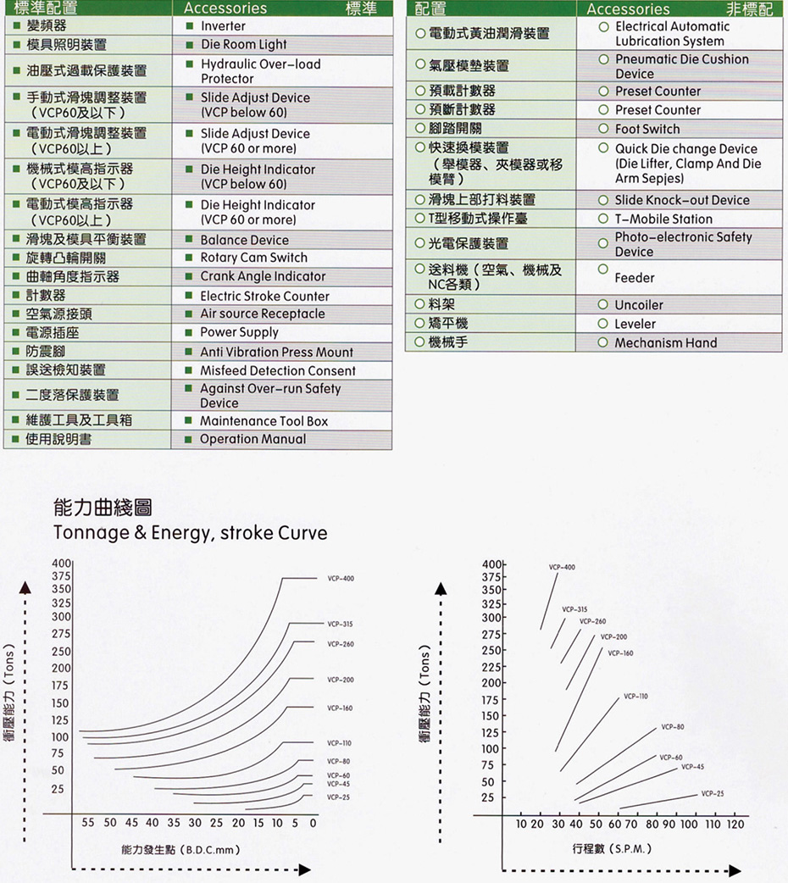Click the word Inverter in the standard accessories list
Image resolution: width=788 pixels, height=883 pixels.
tap(223, 26)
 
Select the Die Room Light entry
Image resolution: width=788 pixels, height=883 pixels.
tap(243, 44)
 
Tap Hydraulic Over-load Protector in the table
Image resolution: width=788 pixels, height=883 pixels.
tap(260, 71)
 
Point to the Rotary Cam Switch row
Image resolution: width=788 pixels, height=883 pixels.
tap(253, 258)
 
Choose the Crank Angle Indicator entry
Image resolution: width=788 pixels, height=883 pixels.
tap(263, 276)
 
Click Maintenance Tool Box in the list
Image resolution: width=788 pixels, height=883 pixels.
tap(264, 421)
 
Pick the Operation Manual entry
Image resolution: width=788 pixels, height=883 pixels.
tap(252, 439)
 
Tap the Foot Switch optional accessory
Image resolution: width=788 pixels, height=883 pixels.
tap(647, 129)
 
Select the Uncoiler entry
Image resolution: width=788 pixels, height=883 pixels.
tap(639, 305)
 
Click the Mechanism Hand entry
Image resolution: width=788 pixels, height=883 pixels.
tap(665, 342)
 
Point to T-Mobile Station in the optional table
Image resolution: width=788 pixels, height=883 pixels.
tap(663, 219)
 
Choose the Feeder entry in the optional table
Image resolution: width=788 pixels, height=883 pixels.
tap(635, 278)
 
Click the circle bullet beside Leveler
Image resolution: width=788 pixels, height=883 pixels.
tap(603, 324)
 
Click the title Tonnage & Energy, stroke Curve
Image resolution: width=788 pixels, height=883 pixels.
tap(190, 533)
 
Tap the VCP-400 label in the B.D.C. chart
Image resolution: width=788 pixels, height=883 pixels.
tap(340, 579)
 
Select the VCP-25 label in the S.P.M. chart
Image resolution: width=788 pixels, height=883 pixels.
tap(713, 794)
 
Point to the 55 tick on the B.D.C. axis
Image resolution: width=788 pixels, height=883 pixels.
tap(88, 823)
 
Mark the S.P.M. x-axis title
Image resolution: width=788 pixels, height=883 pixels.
tap(612, 848)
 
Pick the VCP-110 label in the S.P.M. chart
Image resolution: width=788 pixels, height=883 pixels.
tap(635, 696)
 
